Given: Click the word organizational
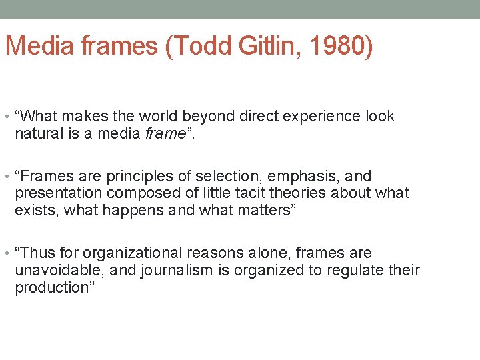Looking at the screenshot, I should click(133, 254).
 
